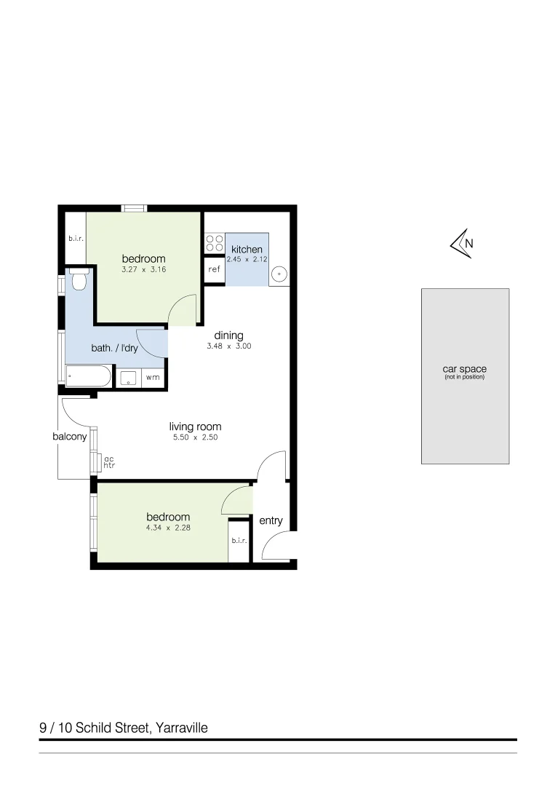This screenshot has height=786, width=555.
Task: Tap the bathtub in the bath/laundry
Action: [x=88, y=377]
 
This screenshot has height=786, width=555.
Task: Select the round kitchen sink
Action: [x=279, y=274]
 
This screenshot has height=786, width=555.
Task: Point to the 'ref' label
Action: [x=214, y=269]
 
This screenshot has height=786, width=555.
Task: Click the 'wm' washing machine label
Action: [x=153, y=378]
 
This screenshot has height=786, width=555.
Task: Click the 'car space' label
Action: [x=464, y=370]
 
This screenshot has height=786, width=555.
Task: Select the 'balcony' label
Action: [x=70, y=437]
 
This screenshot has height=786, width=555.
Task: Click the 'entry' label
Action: [x=271, y=520]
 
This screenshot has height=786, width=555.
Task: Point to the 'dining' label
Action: [x=228, y=336]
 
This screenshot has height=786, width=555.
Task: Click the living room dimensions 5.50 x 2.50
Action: [x=195, y=438]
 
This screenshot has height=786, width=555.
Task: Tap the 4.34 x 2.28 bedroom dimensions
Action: [x=168, y=528]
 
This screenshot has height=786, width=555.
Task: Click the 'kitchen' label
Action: [x=247, y=250]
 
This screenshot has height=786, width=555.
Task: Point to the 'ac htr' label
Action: [x=110, y=462]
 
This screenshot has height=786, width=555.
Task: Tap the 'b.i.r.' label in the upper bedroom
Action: [x=76, y=237]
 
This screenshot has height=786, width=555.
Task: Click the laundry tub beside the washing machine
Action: [x=129, y=378]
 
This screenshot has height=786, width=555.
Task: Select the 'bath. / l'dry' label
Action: [x=114, y=348]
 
